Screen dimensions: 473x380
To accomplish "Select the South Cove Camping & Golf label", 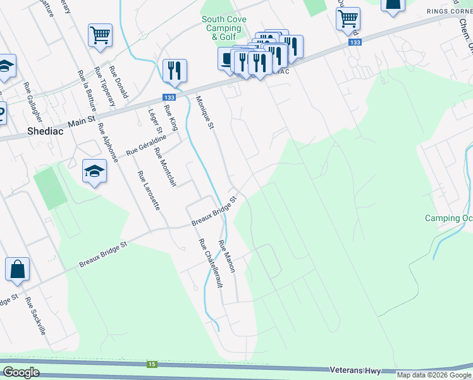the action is [224, 28].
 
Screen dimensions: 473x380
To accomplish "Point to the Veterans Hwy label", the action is [355, 369].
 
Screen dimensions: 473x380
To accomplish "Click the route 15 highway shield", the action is [152, 364].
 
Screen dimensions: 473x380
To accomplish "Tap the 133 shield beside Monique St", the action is [169, 97].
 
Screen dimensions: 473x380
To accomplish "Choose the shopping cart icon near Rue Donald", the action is [100, 36].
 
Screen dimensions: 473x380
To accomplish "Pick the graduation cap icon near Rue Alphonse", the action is [94, 171].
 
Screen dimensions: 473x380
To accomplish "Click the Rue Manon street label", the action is [227, 256].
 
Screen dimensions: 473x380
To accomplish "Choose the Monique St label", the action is [205, 109].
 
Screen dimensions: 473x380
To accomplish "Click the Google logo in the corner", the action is [21, 372].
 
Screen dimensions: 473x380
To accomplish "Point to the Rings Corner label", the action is [450, 11].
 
